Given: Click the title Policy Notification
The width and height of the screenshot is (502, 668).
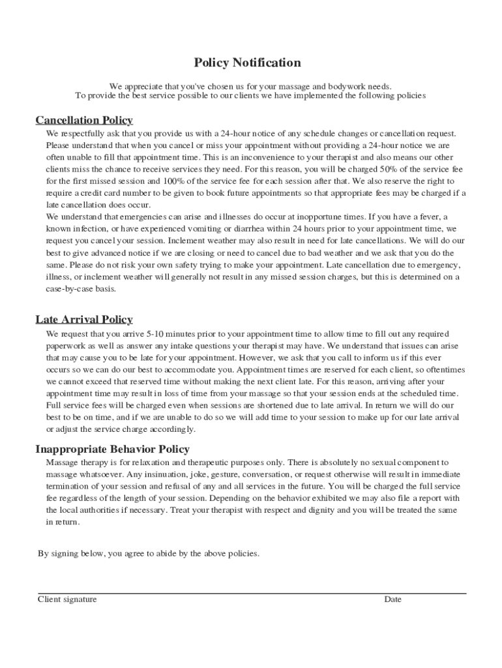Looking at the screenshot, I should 247,63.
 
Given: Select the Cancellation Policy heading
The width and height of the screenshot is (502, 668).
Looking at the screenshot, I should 84,120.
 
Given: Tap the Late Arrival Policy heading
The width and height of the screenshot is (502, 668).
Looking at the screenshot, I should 84,319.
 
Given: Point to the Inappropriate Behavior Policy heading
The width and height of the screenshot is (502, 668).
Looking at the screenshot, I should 112,449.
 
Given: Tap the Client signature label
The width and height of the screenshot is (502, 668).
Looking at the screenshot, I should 67,600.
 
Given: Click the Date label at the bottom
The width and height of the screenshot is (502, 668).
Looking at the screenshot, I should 392,600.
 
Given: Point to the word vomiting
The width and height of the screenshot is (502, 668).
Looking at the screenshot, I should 217,229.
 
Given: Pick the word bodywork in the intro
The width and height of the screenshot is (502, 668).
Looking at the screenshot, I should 328,85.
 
